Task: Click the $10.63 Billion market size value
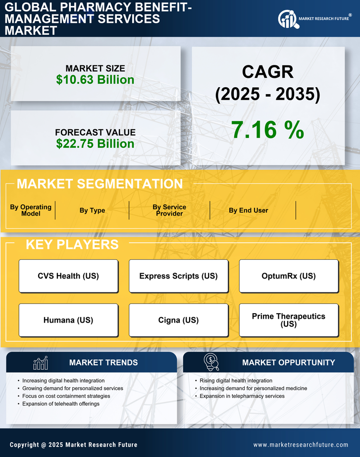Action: (95, 80)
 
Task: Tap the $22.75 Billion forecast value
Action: (95, 144)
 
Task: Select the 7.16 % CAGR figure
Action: (267, 130)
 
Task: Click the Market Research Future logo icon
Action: (288, 19)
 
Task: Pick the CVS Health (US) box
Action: (68, 276)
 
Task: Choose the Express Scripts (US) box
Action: (178, 276)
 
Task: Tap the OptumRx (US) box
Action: (289, 276)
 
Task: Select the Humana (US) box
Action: (68, 320)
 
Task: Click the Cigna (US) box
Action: (178, 320)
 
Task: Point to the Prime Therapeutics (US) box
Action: (289, 320)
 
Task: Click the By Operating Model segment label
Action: (31, 210)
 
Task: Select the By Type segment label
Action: (92, 210)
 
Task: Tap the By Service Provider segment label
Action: (169, 210)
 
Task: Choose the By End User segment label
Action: (248, 210)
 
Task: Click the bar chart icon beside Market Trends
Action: (41, 363)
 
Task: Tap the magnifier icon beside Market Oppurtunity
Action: (211, 362)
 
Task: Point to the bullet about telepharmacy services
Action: (242, 396)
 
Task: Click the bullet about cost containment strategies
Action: (66, 396)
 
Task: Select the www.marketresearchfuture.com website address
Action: (301, 445)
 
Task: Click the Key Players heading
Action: (72, 244)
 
